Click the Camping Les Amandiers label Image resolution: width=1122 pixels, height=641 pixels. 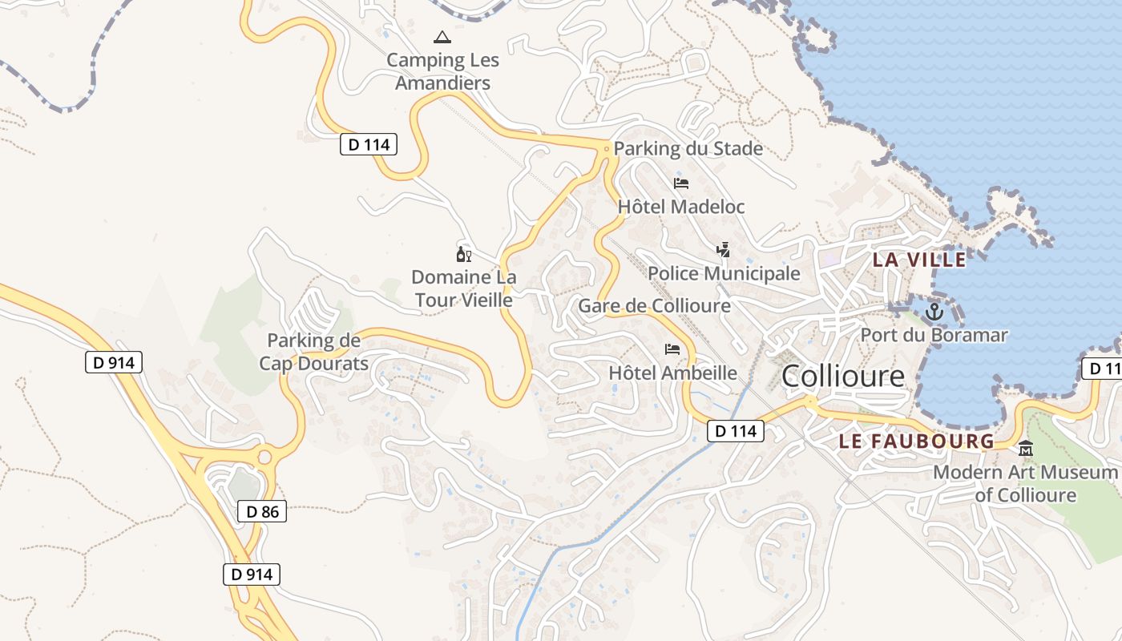(x=442, y=71)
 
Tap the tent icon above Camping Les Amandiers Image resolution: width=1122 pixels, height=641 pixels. (x=442, y=37)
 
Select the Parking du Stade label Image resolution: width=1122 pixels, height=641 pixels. (x=688, y=149)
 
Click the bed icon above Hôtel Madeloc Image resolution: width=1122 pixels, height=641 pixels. (x=681, y=183)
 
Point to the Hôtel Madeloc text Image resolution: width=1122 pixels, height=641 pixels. (x=681, y=207)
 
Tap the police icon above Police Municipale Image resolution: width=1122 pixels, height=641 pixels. (x=724, y=250)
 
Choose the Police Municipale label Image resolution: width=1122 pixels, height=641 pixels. (x=724, y=273)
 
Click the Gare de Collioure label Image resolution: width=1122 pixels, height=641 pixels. (x=654, y=306)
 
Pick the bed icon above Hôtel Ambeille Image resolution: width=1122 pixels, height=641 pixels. (x=672, y=349)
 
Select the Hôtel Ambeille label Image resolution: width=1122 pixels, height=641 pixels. (x=672, y=373)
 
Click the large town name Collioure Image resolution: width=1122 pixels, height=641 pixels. (x=842, y=376)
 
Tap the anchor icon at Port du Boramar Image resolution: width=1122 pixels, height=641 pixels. (x=934, y=312)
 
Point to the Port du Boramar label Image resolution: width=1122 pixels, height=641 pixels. (x=934, y=335)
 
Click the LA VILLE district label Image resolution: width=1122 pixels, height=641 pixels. (x=919, y=260)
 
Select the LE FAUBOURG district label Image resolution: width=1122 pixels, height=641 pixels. (x=916, y=441)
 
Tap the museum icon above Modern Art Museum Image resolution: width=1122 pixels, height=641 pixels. (x=1026, y=449)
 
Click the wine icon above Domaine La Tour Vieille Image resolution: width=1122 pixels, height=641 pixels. (x=463, y=255)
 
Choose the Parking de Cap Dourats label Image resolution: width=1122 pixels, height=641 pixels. (x=313, y=352)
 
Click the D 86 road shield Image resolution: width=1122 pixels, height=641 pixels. (x=262, y=511)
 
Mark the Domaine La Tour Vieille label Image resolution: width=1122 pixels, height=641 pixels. (x=463, y=288)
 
